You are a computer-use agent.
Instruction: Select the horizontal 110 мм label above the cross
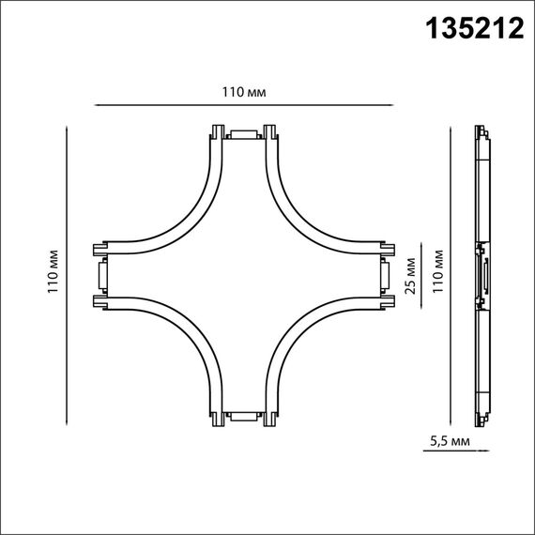242,92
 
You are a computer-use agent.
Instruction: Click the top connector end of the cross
242,133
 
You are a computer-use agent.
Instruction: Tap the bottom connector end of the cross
242,417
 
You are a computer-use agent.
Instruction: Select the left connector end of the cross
100,276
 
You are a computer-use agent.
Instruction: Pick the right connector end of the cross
385,276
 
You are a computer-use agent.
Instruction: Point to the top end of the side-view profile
482,131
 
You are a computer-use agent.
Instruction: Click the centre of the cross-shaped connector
242,276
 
